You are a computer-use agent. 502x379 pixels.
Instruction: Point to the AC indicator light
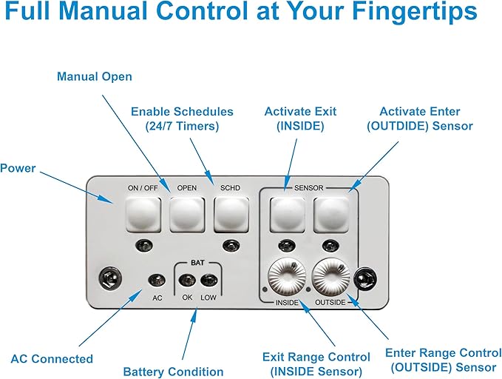[x=156, y=280]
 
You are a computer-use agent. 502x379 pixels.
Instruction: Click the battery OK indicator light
[x=187, y=280]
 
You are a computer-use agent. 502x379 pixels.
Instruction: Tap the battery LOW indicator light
[x=208, y=280]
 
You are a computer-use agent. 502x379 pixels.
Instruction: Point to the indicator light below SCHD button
[x=231, y=245]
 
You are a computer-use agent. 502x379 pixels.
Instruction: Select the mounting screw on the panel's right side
[x=363, y=278]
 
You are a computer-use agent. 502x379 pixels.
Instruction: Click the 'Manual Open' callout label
[x=95, y=77]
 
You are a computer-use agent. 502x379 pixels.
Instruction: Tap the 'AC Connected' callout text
[x=52, y=359]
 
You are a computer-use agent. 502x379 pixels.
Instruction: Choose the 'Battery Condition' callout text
[x=173, y=372]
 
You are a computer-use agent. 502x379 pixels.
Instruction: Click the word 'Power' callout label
[x=18, y=168]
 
